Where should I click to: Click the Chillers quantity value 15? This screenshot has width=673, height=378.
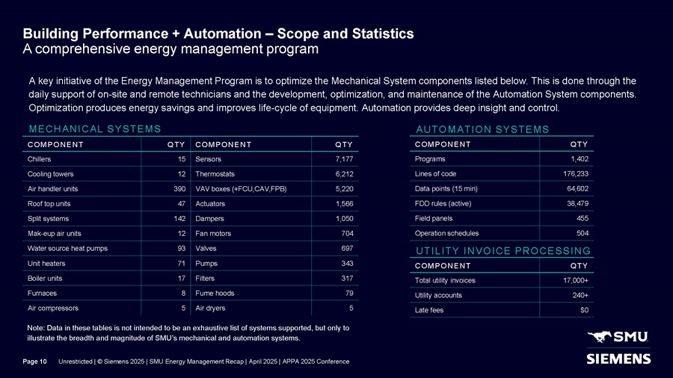click(x=181, y=159)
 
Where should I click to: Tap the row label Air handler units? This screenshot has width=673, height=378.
click(x=55, y=188)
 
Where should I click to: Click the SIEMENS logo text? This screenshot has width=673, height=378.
click(x=617, y=359)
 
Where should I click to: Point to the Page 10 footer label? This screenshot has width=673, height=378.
click(x=35, y=362)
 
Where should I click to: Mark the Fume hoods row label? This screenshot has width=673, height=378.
click(x=215, y=293)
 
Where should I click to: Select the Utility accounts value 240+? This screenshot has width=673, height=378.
click(x=577, y=296)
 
